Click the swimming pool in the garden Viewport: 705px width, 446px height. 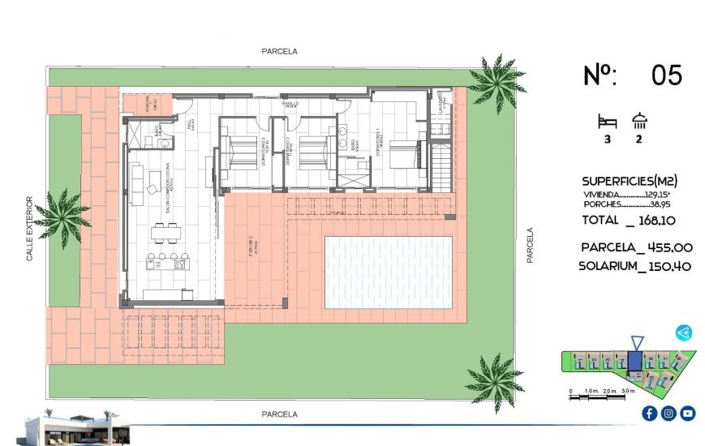click(388, 272)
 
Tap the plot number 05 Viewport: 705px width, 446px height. click(666, 76)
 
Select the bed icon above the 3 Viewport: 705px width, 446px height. click(607, 122)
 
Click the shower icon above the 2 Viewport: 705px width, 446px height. click(640, 122)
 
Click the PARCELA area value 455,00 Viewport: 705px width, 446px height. click(666, 248)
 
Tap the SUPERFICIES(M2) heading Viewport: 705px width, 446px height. click(630, 181)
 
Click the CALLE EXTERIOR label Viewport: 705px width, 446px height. click(30, 228)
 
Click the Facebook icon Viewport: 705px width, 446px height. click(649, 414)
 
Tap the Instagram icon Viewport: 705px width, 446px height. click(668, 414)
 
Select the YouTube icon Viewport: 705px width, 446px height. click(688, 414)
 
